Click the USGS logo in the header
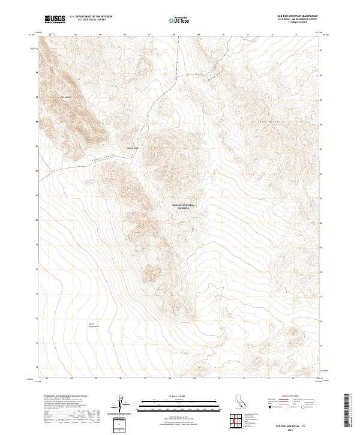coord(55,20)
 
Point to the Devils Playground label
coord(92,325)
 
